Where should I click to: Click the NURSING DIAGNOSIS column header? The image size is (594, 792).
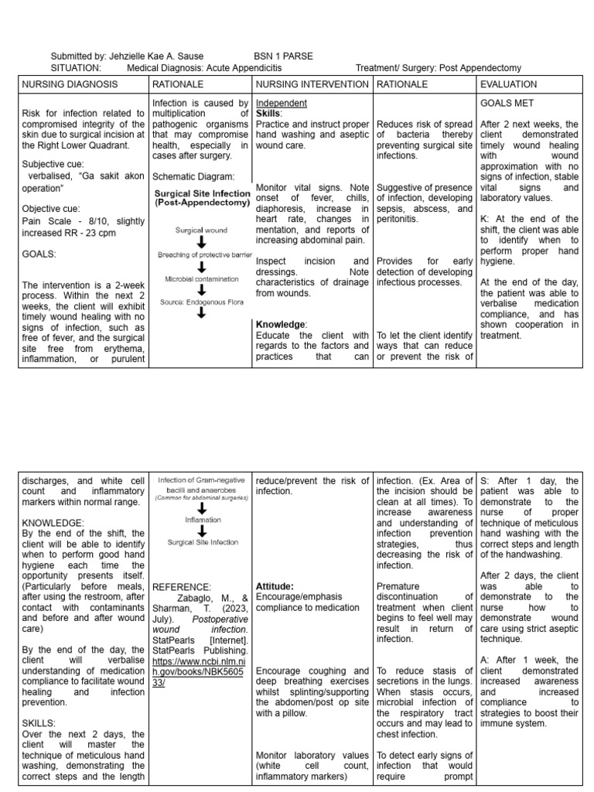click(70, 84)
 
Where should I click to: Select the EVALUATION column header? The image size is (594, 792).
click(508, 84)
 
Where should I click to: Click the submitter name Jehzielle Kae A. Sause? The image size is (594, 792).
click(155, 56)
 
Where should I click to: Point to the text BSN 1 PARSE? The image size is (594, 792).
click(283, 56)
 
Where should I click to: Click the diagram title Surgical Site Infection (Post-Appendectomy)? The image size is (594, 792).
click(202, 198)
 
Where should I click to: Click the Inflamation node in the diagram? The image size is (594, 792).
click(202, 521)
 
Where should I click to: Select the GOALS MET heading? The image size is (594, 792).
click(507, 102)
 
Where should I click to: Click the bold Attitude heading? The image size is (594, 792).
click(274, 586)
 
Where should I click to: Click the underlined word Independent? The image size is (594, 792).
click(282, 103)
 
